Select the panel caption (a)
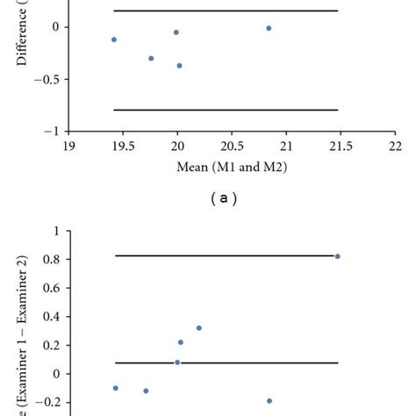click(x=224, y=199)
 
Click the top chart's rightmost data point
click(x=269, y=28)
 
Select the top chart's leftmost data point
click(x=114, y=39)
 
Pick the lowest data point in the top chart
click(x=179, y=65)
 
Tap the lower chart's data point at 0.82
click(x=337, y=256)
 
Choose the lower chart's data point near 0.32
click(x=199, y=328)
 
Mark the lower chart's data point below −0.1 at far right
click(x=269, y=401)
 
